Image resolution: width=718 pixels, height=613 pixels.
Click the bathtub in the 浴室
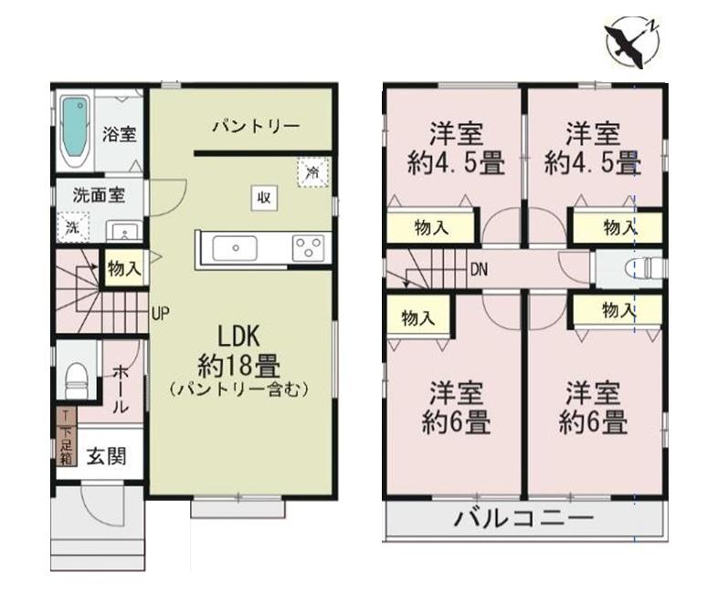click(x=75, y=131)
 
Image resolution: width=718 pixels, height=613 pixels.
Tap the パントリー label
click(x=256, y=126)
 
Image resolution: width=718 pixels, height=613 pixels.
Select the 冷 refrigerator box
click(x=312, y=172)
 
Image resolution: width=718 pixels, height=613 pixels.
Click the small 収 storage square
click(x=264, y=198)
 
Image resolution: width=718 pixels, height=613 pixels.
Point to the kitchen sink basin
click(x=235, y=249)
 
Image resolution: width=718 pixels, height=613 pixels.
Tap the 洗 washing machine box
click(x=72, y=227)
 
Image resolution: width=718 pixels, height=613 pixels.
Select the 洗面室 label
click(x=99, y=195)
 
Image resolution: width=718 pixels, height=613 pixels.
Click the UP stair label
click(x=161, y=314)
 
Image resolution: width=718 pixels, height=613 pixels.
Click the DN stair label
click(x=479, y=270)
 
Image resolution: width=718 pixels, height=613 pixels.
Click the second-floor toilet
click(x=644, y=268)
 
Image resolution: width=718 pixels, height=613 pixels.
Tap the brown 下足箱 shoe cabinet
click(x=67, y=437)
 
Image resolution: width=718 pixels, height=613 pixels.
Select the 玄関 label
click(x=106, y=456)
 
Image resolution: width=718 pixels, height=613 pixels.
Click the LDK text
click(x=238, y=337)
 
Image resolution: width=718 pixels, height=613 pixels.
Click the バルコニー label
click(x=523, y=519)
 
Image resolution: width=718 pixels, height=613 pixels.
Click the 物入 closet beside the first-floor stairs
click(x=124, y=268)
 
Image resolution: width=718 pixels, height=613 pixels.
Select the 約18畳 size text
click(x=239, y=367)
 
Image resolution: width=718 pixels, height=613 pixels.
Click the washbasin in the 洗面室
click(x=124, y=231)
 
